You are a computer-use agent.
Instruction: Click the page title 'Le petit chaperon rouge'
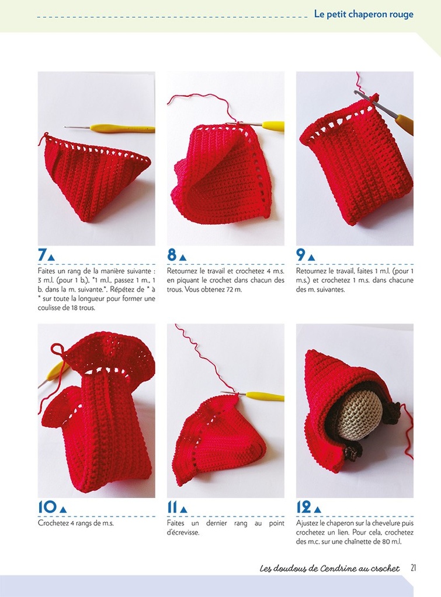click(363, 15)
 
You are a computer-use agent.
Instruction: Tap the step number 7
click(42, 255)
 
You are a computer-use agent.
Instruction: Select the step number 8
click(172, 255)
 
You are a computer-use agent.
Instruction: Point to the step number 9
click(301, 255)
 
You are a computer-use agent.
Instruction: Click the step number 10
click(47, 507)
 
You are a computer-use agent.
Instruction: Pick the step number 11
click(172, 507)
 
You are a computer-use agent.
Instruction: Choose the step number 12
click(304, 507)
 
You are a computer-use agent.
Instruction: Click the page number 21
click(413, 568)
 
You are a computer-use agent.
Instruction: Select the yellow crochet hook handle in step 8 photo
click(273, 125)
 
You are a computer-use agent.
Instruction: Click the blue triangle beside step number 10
click(63, 510)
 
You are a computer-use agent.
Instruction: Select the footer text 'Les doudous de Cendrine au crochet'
click(329, 568)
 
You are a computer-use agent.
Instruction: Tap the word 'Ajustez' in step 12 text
click(307, 523)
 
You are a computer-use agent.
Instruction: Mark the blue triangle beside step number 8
click(183, 257)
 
